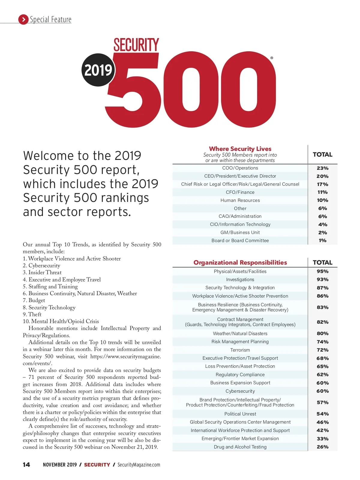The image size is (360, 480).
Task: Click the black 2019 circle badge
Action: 98,70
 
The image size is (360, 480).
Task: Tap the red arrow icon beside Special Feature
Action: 23,19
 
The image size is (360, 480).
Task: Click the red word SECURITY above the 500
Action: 136,45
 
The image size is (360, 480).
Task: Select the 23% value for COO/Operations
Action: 322,168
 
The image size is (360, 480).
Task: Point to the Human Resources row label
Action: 240,200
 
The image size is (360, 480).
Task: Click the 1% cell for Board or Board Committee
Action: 322,241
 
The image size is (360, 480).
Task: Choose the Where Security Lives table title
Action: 240,149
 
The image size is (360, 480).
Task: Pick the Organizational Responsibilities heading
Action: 240,262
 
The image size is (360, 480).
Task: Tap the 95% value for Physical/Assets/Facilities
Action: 322,271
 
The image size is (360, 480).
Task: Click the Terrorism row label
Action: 240,350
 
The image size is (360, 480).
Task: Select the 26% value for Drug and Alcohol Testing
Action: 322,447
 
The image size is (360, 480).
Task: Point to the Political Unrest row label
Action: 240,414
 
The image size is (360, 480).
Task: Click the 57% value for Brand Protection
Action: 322,403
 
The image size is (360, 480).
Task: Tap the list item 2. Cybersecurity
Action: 41,265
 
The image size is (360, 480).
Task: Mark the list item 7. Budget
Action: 34,300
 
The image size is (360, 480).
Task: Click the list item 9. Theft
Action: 32,314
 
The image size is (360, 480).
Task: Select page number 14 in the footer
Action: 26,465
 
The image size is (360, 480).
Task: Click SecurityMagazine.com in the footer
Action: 139,465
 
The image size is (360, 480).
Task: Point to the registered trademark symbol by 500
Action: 272,58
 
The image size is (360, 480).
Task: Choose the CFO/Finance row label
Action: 240,192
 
